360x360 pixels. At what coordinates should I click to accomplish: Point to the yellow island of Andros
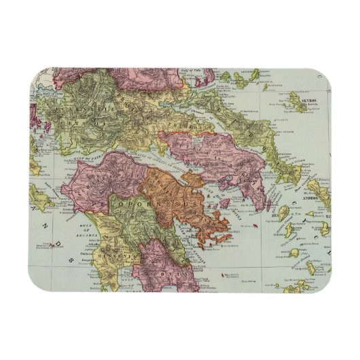click(x=317, y=190)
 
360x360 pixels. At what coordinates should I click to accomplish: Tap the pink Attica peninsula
click(x=238, y=170)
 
